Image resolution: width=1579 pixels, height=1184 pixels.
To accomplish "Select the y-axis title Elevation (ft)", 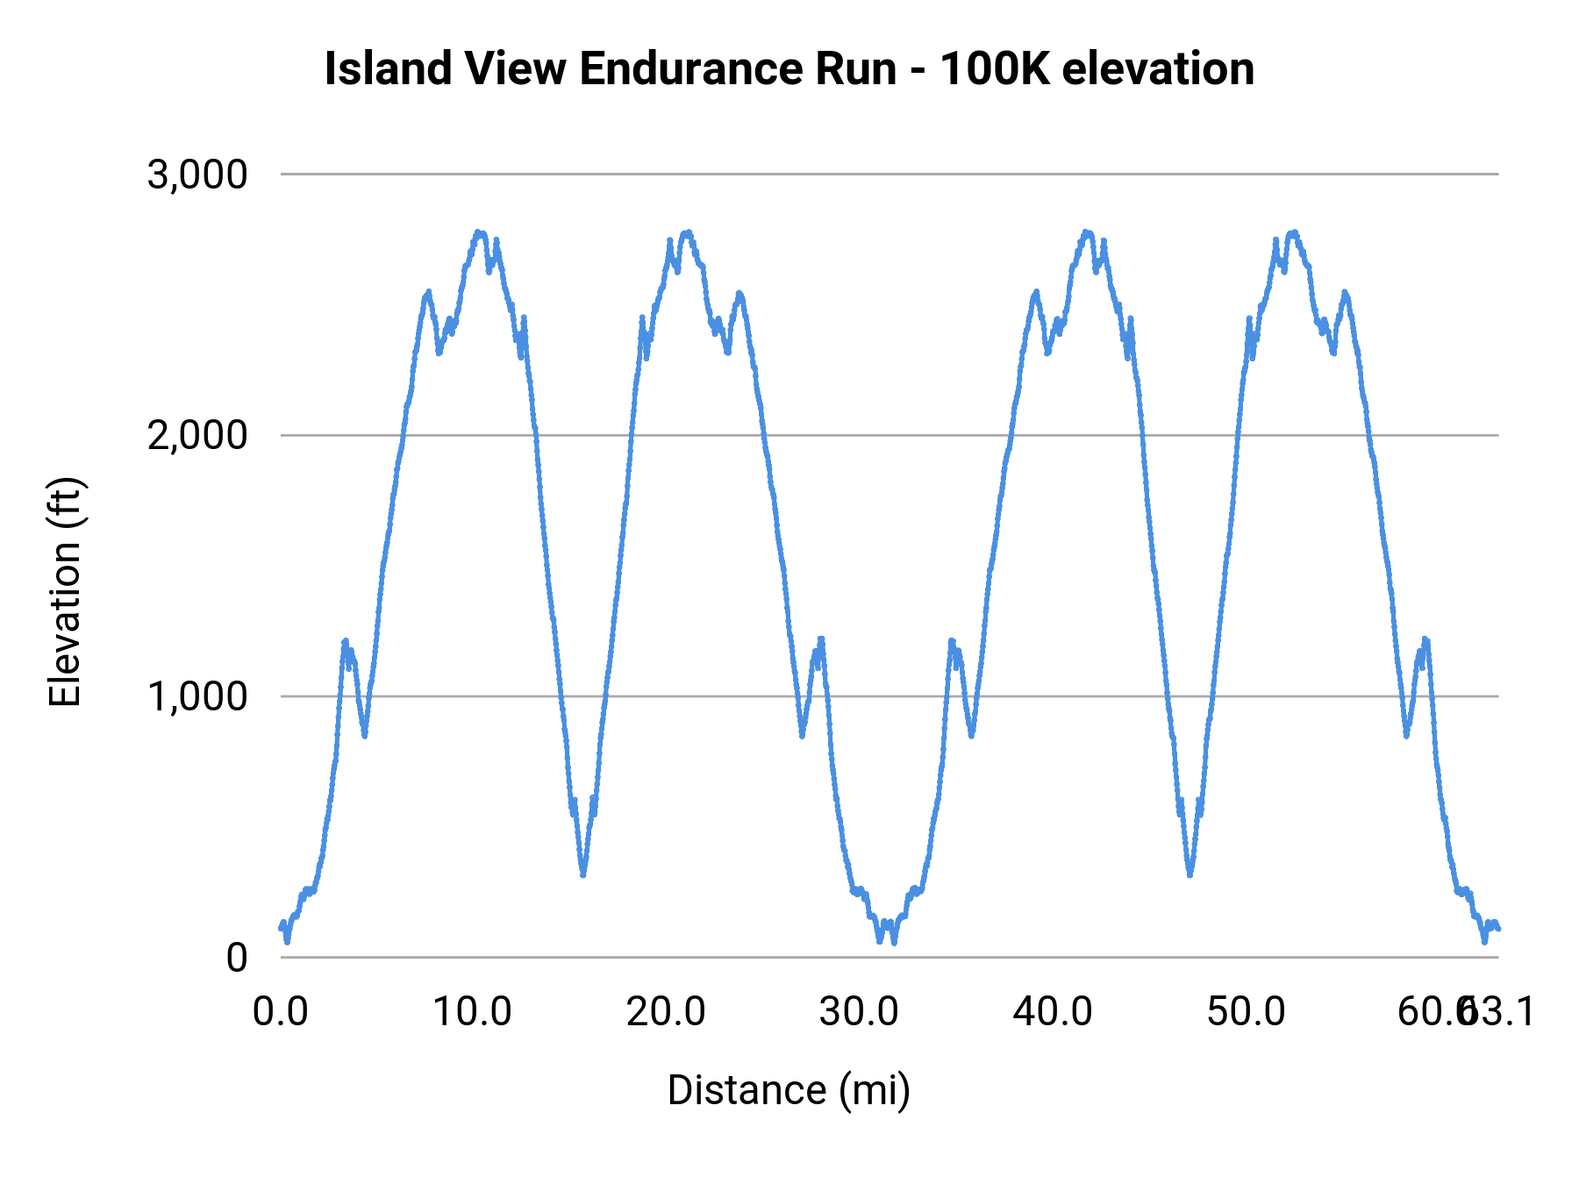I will tap(65, 592).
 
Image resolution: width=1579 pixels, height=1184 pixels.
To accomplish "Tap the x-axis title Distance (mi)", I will tap(789, 1090).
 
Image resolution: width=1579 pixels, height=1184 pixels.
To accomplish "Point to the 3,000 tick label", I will tap(197, 175).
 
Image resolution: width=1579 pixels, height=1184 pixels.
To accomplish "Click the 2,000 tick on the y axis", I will tap(197, 435).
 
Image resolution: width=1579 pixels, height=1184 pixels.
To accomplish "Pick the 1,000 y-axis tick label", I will tap(197, 696).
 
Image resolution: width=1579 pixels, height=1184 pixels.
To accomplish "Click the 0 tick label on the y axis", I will tap(236, 958).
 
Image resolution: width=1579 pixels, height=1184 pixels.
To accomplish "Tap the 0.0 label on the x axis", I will tap(281, 1012).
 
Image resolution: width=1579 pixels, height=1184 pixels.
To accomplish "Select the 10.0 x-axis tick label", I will tap(473, 1012).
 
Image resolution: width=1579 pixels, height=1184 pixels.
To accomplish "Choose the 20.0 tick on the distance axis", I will tap(666, 1012).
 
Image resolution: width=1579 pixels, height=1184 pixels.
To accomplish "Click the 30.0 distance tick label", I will tap(859, 1012).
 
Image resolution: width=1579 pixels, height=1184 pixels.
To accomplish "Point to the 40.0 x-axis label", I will tap(1053, 1012).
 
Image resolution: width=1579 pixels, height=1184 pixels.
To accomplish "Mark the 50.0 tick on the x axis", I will tap(1246, 1012).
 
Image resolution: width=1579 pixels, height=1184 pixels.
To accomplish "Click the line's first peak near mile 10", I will tap(479, 233).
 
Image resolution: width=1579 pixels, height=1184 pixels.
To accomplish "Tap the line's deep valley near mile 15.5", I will tap(582, 874).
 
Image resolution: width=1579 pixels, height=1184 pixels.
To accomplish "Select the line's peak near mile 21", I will tap(687, 233).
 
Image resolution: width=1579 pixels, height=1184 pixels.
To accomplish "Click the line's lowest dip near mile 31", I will tap(880, 940).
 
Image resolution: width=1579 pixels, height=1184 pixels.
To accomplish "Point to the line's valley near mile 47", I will tap(1190, 874).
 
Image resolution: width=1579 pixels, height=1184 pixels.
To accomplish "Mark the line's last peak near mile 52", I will tap(1293, 233).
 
